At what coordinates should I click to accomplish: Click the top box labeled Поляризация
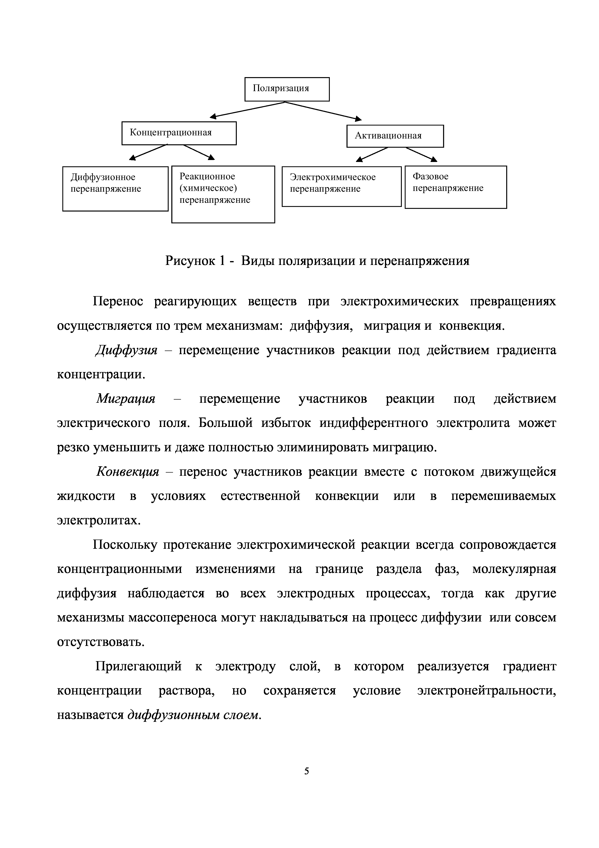tap(287, 89)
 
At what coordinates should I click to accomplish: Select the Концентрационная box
tap(179, 133)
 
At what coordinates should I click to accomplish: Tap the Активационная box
tap(395, 136)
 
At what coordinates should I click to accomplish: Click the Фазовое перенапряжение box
tap(455, 187)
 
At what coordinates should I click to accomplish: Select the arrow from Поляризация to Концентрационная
tap(247, 110)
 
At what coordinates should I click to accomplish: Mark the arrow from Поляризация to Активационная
tap(323, 111)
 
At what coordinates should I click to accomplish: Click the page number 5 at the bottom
tap(306, 771)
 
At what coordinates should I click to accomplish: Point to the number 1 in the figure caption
tap(222, 261)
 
